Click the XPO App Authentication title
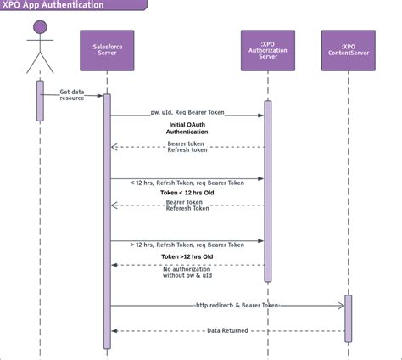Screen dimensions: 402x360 point(53,4)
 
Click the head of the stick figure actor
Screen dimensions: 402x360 point(40,27)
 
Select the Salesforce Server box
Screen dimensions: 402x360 point(107,50)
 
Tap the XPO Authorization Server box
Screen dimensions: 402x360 point(268,50)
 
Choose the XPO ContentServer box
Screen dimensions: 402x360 point(349,50)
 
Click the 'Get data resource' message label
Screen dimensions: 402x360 point(72,95)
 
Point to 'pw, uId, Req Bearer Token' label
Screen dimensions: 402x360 point(187,112)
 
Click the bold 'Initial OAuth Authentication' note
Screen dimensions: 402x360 point(187,128)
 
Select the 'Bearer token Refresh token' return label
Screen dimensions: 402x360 point(187,147)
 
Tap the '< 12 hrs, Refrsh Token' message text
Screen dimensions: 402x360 point(187,183)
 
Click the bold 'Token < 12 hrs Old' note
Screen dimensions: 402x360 point(187,193)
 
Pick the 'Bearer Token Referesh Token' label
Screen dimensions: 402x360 point(187,205)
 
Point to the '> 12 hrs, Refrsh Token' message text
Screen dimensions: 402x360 point(187,245)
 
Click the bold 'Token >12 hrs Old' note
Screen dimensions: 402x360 point(187,256)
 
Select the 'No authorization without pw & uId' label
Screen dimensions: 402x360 point(187,272)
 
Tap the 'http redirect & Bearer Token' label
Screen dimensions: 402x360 point(237,305)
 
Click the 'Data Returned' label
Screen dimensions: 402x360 point(227,330)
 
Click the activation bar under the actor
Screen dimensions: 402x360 point(40,101)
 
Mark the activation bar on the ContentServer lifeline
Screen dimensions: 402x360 point(349,318)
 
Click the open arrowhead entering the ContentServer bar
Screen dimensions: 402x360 point(341,306)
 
